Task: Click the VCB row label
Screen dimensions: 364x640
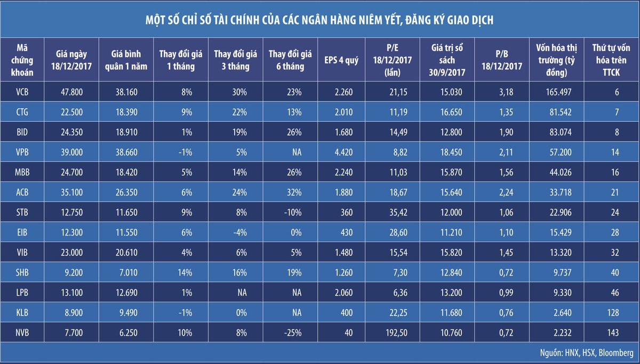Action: tap(22, 92)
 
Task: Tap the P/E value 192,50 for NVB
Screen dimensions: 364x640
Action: tap(393, 333)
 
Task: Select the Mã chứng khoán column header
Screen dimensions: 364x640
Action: tap(22, 60)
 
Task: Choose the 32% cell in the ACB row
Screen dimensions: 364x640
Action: tap(294, 182)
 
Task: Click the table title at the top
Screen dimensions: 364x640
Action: tap(319, 20)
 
